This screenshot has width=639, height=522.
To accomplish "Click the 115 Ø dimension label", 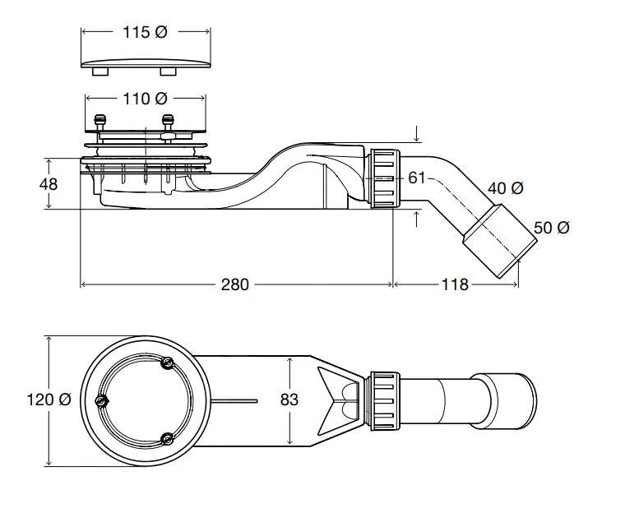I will (x=145, y=32).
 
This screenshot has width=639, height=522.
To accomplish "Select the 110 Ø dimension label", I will (x=145, y=99).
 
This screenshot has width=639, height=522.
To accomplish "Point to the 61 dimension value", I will (x=417, y=178).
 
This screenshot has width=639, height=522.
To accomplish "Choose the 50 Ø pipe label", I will (x=551, y=228).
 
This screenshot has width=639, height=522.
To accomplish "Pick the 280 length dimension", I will (x=234, y=284).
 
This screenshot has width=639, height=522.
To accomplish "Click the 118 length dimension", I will (x=454, y=284).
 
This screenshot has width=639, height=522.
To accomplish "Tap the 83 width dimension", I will (x=289, y=400).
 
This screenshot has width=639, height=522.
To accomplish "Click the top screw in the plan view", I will (x=167, y=364).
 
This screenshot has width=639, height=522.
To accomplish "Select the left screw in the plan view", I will (x=103, y=401).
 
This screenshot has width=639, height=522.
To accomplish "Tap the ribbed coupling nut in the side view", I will (x=383, y=178).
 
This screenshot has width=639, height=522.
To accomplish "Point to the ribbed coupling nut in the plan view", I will (x=383, y=400).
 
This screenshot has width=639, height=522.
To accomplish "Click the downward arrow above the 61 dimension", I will (x=418, y=133).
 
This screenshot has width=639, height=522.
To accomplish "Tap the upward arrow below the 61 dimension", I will (x=418, y=218).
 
